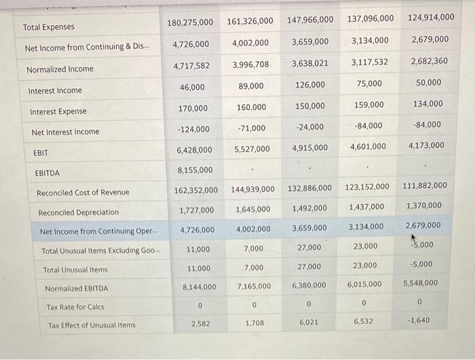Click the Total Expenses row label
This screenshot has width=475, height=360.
click(49, 28)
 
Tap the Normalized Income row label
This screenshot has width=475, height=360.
click(60, 70)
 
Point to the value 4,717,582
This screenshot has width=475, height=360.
click(192, 66)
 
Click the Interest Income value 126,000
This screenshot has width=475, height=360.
click(310, 85)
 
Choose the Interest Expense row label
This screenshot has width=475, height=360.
click(58, 111)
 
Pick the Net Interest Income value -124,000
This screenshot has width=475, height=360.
click(193, 128)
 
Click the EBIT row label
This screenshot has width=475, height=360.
click(41, 154)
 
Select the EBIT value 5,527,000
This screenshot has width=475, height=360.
click(251, 149)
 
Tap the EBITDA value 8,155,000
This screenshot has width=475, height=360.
click(195, 170)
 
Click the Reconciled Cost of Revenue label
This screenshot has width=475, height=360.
click(83, 193)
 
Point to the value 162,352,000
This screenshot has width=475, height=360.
click(196, 190)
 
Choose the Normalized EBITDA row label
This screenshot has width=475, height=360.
click(76, 289)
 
